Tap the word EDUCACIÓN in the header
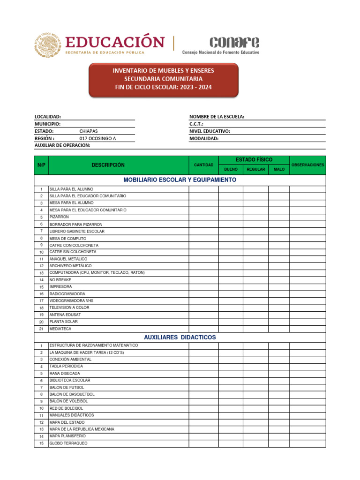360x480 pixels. pyautogui.click(x=114, y=42)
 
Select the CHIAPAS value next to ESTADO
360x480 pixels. pyautogui.click(x=89, y=132)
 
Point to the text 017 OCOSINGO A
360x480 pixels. pyautogui.click(x=97, y=139)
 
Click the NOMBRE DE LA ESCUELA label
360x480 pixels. pyautogui.click(x=217, y=117)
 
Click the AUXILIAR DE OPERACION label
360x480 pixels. pyautogui.click(x=62, y=145)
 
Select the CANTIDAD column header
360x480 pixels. pyautogui.click(x=203, y=165)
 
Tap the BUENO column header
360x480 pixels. pyautogui.click(x=231, y=169)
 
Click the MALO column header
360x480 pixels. pyautogui.click(x=279, y=169)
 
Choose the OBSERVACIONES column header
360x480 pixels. pyautogui.click(x=307, y=165)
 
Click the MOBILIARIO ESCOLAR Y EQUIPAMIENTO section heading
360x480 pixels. pyautogui.click(x=180, y=180)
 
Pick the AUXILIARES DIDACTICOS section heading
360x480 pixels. pyautogui.click(x=180, y=337)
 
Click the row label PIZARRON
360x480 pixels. pyautogui.click(x=59, y=217)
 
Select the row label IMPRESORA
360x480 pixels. pyautogui.click(x=60, y=286)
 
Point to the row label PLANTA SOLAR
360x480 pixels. pyautogui.click(x=63, y=322)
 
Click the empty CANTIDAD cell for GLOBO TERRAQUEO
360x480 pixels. pyautogui.click(x=203, y=443)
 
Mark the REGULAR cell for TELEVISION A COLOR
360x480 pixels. pyautogui.click(x=255, y=308)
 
